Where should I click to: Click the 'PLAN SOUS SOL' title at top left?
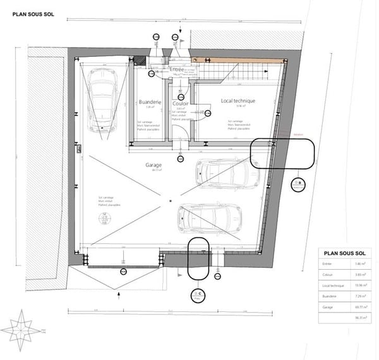(x=33, y=13)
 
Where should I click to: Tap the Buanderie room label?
(x=150, y=102)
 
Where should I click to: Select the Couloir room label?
(x=181, y=103)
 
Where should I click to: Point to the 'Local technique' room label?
(x=238, y=100)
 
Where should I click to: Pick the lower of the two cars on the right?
(x=208, y=218)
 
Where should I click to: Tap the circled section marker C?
(x=199, y=294)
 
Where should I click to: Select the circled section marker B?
(x=298, y=184)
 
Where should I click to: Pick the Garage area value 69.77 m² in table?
(x=361, y=306)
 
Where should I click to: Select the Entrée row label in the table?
(x=327, y=264)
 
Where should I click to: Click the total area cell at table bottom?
(x=361, y=318)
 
